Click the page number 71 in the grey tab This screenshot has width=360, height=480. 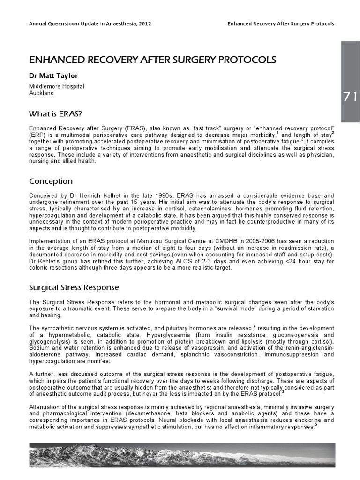pos(350,97)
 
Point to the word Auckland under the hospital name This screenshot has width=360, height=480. pos(41,93)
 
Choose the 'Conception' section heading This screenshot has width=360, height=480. pos(51,181)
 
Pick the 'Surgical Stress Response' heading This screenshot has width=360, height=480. pos(74,286)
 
